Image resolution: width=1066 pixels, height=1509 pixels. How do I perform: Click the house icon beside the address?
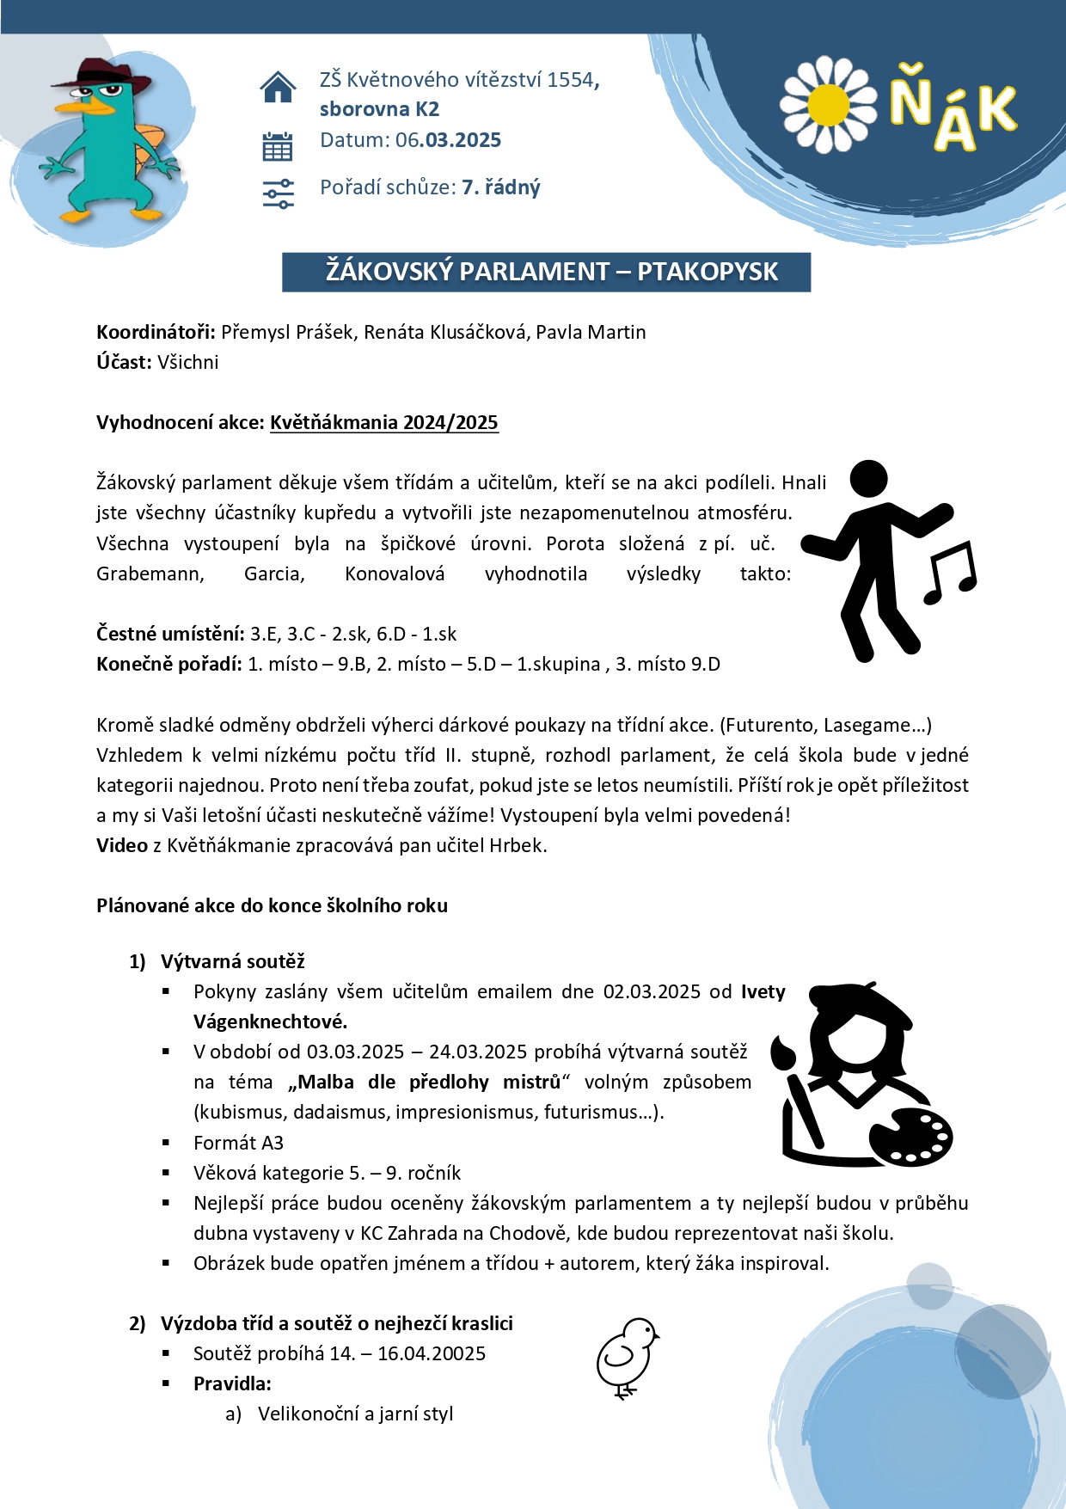pos(278,87)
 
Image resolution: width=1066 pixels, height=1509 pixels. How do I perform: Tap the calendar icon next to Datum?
pos(278,146)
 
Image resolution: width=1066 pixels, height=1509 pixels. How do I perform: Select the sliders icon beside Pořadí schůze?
pos(278,193)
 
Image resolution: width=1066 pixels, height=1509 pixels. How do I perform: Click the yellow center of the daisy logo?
pos(829,105)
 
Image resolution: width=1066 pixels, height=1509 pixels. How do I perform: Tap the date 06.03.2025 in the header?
pos(448,140)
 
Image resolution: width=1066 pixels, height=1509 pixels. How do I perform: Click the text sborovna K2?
pos(379,109)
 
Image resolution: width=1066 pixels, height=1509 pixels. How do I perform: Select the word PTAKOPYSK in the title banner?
pos(708,272)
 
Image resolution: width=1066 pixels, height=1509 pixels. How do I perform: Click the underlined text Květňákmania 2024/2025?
pos(384,422)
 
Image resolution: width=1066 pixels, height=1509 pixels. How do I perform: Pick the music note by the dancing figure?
pos(951,572)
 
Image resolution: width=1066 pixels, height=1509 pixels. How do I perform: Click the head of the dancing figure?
pos(867,478)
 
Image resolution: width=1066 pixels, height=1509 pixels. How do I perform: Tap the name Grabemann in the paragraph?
pos(150,574)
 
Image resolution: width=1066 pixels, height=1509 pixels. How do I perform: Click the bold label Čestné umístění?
pos(170,634)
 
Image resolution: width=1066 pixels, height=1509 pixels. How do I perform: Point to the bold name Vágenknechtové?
pos(270,1021)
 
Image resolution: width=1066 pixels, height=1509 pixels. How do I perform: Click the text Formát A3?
pos(238,1143)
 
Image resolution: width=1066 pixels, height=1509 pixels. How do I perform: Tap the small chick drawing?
pos(627,1357)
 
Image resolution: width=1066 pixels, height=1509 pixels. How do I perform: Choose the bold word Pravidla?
pos(231,1383)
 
